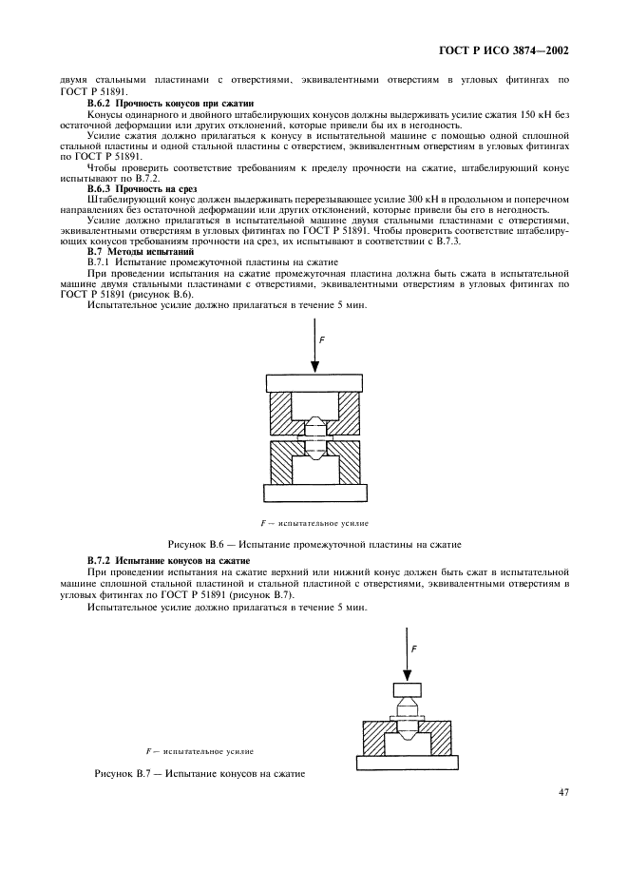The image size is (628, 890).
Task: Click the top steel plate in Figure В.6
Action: tap(314, 383)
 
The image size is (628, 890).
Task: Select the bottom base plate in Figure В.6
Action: tap(314, 492)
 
